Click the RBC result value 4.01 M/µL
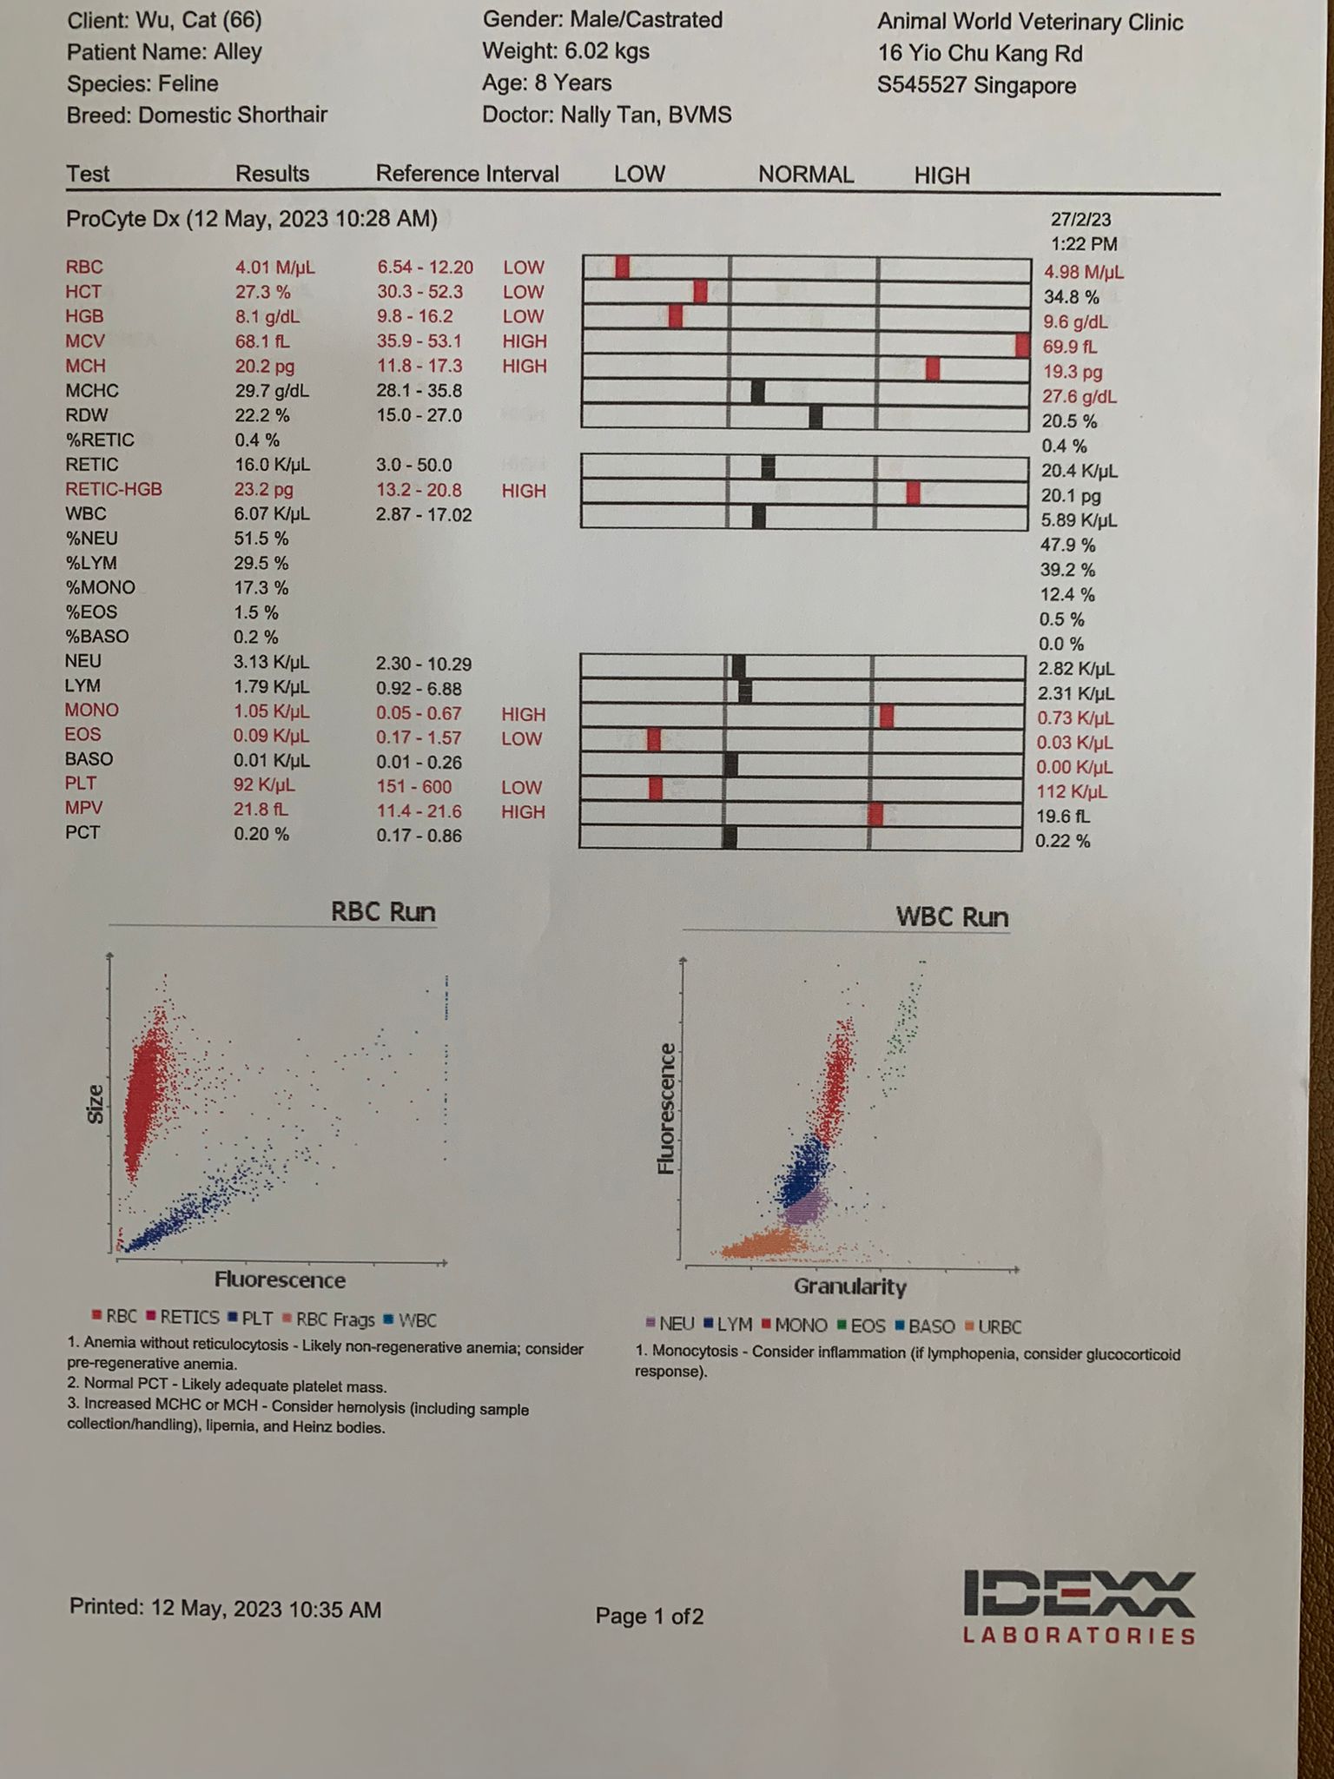(274, 268)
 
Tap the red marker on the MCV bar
(1022, 345)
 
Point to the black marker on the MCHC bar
(757, 392)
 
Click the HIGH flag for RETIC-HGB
(524, 491)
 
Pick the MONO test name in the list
(91, 711)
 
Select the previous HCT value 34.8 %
(1071, 297)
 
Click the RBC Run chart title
(383, 912)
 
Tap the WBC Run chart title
(952, 917)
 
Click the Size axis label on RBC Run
(96, 1104)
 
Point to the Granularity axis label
(849, 1287)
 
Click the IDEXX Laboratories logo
(1079, 1608)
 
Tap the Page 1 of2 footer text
(649, 1617)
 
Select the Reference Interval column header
(467, 175)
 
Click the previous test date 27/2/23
(1080, 220)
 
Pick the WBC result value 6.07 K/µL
(272, 514)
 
